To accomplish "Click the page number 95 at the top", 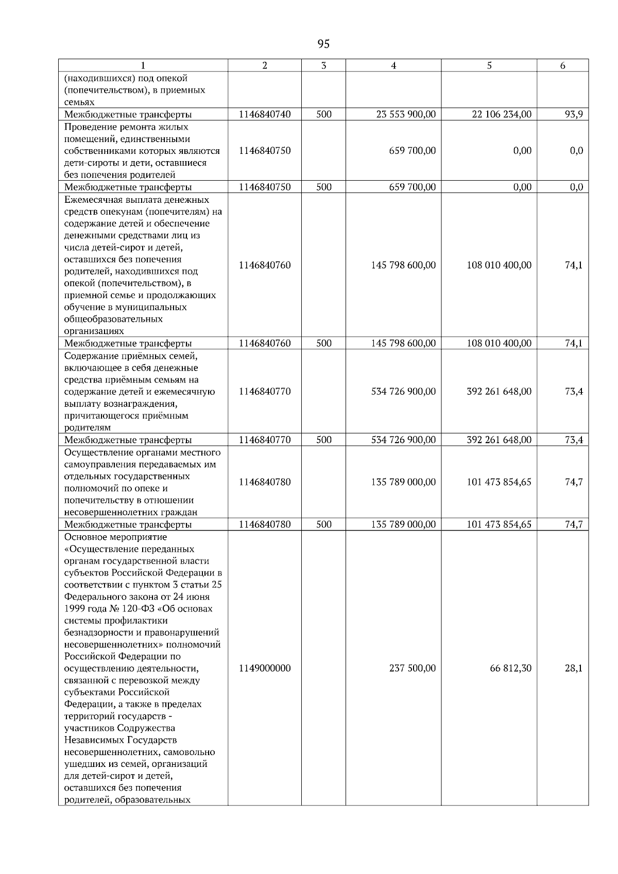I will coord(323,44).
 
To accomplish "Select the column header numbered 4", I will coord(393,65).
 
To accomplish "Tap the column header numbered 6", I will coord(562,65).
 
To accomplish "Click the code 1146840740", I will coord(265,114).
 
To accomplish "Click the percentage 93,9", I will coord(574,114).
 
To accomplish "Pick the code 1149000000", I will coord(265,668).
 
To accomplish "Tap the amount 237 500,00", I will coord(413,668).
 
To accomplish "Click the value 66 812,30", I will coord(511,668).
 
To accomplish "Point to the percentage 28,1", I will coord(574,668).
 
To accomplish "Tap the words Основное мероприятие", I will coord(116,537).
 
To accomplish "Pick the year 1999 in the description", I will coord(75,609).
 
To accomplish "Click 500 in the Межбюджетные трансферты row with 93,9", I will coord(323,114).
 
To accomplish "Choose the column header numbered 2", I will coord(265,65).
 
